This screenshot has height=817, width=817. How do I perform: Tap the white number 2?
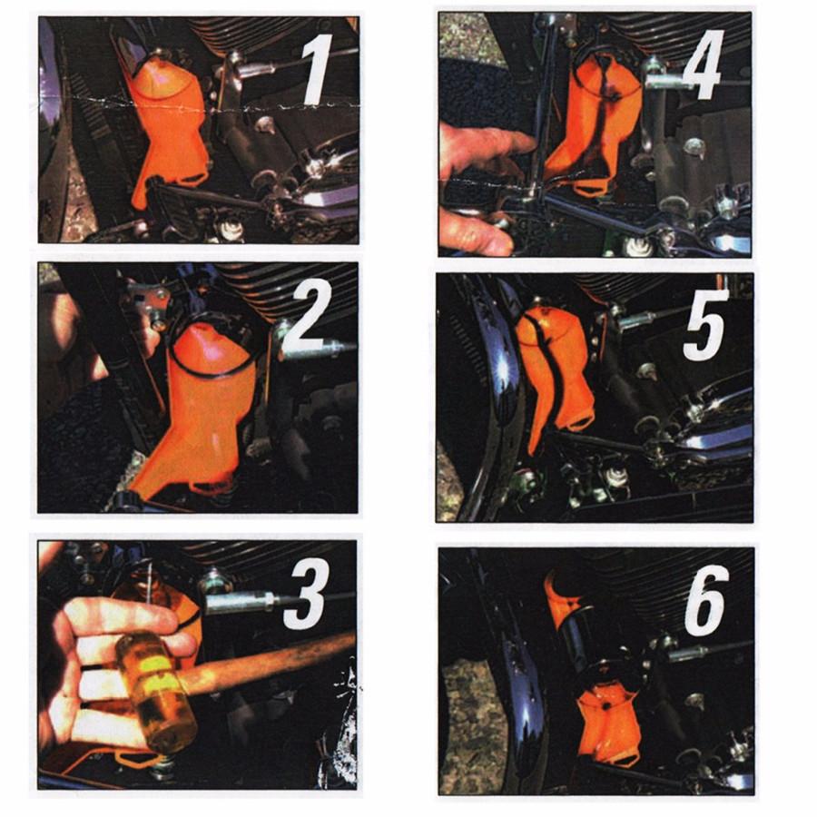(315, 318)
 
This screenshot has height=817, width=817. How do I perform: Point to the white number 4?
(702, 64)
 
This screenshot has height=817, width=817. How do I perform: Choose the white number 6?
(706, 596)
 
